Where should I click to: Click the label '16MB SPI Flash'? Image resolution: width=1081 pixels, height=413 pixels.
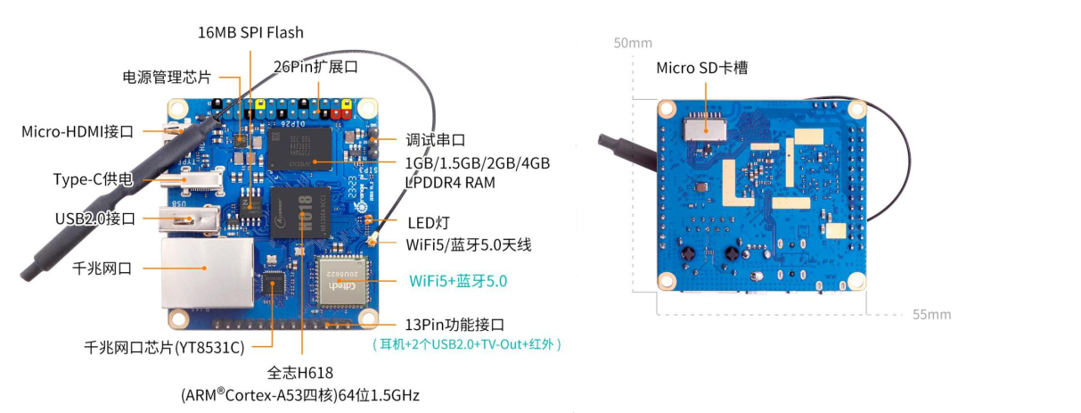point(250,33)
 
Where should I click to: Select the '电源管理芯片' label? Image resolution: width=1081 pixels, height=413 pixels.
point(167,77)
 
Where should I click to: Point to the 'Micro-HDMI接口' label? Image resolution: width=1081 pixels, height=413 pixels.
point(78,132)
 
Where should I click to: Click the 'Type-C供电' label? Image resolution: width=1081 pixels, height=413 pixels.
point(93,180)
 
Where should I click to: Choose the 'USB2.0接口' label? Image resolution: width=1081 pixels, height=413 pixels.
point(94,218)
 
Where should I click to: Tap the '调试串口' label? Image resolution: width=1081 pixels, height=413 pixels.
point(436,140)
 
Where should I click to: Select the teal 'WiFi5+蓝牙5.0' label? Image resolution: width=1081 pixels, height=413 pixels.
point(458,280)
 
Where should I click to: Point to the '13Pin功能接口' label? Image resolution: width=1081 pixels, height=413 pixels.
point(460,324)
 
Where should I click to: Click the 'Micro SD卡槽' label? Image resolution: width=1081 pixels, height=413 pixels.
point(707,68)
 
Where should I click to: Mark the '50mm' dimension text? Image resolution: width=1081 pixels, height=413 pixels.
point(632,43)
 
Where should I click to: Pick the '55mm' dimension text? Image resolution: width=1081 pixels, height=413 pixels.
point(931,314)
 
